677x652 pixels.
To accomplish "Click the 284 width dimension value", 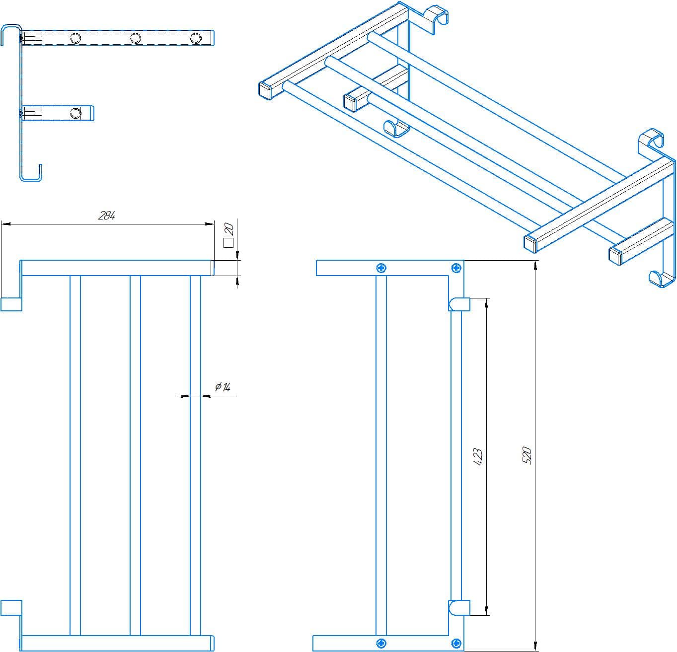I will point(107,216).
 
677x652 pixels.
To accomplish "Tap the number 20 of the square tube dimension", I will point(229,229).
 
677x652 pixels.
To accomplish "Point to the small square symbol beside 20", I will point(228,242).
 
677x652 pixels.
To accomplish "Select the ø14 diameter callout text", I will point(223,387).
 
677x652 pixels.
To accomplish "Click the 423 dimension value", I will point(478,456).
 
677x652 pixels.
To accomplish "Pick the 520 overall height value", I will point(527,455).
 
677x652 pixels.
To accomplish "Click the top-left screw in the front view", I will point(381,268).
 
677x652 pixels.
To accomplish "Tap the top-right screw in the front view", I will point(456,268).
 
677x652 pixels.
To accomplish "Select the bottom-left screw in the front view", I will point(381,643).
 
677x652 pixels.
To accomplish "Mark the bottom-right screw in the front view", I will point(456,643).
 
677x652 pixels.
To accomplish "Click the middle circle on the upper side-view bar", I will point(135,38).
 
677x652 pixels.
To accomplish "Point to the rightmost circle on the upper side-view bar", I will point(196,38).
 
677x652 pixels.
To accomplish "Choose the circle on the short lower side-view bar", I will point(75,113).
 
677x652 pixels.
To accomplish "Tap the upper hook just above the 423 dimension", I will point(459,304).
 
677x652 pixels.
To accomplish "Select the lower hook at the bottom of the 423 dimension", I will point(459,607).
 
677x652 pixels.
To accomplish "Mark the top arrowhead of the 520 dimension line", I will point(535,265).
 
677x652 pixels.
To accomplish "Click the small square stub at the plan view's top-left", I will point(11,304).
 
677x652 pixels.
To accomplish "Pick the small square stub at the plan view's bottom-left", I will point(11,608).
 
